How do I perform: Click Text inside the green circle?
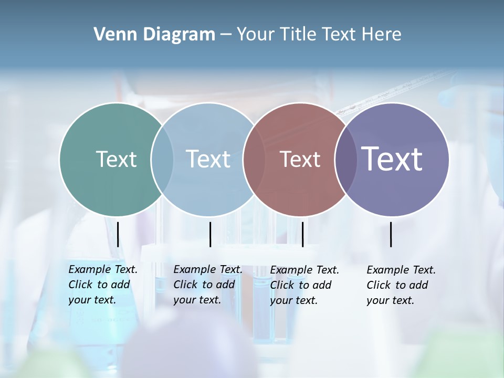116,159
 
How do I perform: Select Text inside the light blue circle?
208,159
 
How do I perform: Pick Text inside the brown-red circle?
300,159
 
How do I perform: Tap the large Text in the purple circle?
392,159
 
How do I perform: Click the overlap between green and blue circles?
162,159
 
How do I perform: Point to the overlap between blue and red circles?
254,159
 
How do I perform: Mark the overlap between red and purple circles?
345,159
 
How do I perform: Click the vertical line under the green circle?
118,234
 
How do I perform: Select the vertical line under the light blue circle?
210,234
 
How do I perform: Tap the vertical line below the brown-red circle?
302,234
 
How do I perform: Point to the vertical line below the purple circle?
391,234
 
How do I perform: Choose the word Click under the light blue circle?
185,285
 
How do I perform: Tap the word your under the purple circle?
377,300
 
